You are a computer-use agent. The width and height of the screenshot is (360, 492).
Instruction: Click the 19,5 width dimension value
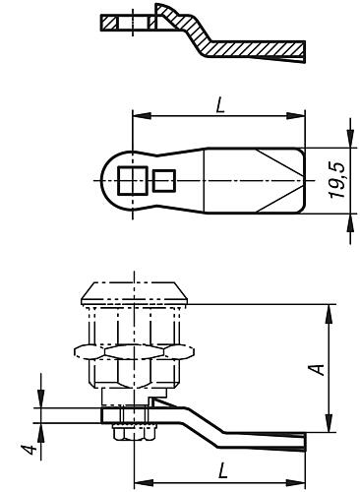[x=337, y=180]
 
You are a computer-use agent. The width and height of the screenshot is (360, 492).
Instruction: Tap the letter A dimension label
[x=318, y=369]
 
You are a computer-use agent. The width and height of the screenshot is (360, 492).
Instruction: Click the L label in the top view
[x=220, y=105]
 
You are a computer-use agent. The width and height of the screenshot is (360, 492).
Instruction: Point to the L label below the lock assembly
[x=222, y=470]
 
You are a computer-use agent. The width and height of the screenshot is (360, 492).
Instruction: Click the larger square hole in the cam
[x=133, y=180]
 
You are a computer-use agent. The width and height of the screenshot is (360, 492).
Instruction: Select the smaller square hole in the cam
[x=164, y=180]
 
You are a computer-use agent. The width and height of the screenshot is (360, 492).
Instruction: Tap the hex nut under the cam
[x=135, y=432]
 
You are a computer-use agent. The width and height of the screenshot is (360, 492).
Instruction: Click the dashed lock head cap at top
[x=134, y=292]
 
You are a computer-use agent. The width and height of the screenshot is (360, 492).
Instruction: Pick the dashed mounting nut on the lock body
[x=135, y=351]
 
